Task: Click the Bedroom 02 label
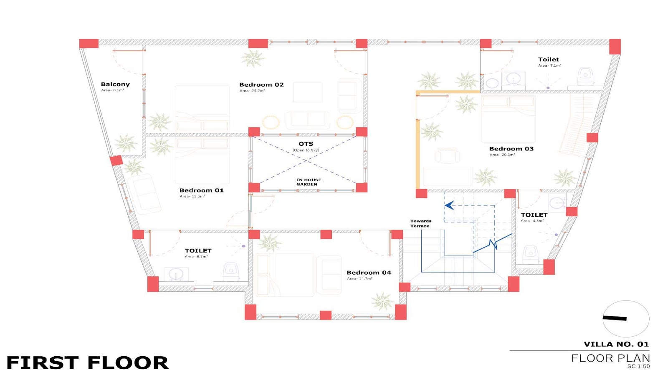pos(261,85)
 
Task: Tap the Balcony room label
pos(115,85)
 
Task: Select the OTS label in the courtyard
pos(306,144)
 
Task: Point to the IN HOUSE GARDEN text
pos(309,182)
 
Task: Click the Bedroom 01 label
pos(202,190)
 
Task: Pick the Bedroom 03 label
pos(511,149)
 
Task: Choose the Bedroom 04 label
pos(369,272)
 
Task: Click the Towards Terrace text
pos(420,223)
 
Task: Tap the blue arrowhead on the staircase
pos(449,205)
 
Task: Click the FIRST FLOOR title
pos(88,363)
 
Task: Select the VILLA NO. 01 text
pos(616,344)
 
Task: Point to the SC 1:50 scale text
pos(638,366)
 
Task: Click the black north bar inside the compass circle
pos(615,318)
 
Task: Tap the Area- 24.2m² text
pos(252,91)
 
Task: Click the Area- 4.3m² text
pos(532,221)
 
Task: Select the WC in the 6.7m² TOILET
pos(231,271)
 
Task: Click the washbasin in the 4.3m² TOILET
pos(557,203)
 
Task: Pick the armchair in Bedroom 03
pos(447,156)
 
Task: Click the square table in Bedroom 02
pos(307,92)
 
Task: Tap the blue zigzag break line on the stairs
pos(493,244)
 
